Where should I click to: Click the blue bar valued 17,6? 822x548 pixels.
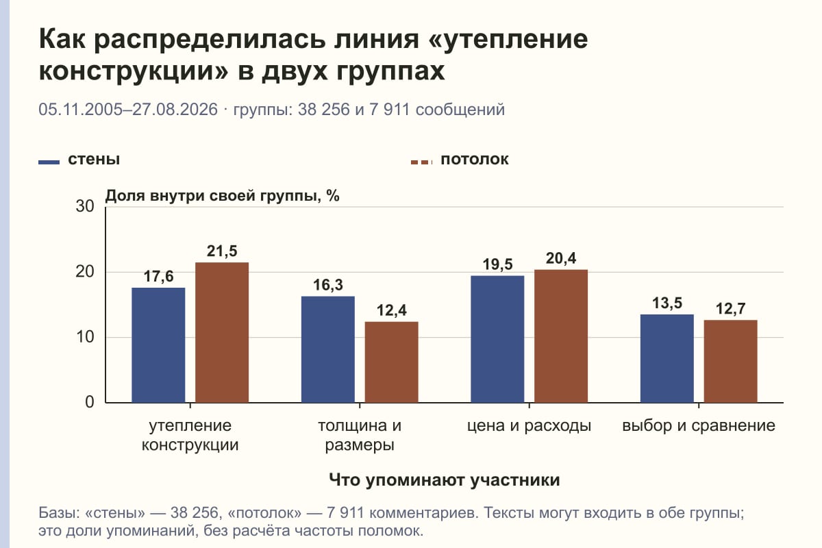(158, 345)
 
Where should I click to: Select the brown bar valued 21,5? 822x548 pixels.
(222, 332)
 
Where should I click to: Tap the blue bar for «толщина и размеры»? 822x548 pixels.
(327, 349)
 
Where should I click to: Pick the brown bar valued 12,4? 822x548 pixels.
(391, 362)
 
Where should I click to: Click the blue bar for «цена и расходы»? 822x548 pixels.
(497, 339)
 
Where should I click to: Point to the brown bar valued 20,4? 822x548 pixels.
(561, 336)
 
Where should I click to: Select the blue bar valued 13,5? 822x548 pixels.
(667, 359)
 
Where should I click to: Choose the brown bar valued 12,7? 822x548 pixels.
(730, 362)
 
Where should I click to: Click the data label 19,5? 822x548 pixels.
(497, 264)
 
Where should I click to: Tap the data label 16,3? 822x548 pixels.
(327, 285)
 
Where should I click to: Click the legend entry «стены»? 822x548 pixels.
(79, 160)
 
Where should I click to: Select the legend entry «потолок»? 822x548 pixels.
(460, 160)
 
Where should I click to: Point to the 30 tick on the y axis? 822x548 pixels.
(85, 206)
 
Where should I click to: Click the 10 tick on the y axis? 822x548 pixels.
(85, 337)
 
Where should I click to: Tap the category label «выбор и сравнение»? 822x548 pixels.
(699, 426)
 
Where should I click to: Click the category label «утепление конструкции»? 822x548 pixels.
(190, 435)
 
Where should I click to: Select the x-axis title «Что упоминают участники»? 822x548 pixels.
(445, 480)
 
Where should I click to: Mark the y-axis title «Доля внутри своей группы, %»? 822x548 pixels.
(223, 196)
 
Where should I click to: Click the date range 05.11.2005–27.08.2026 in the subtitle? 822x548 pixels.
(128, 110)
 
